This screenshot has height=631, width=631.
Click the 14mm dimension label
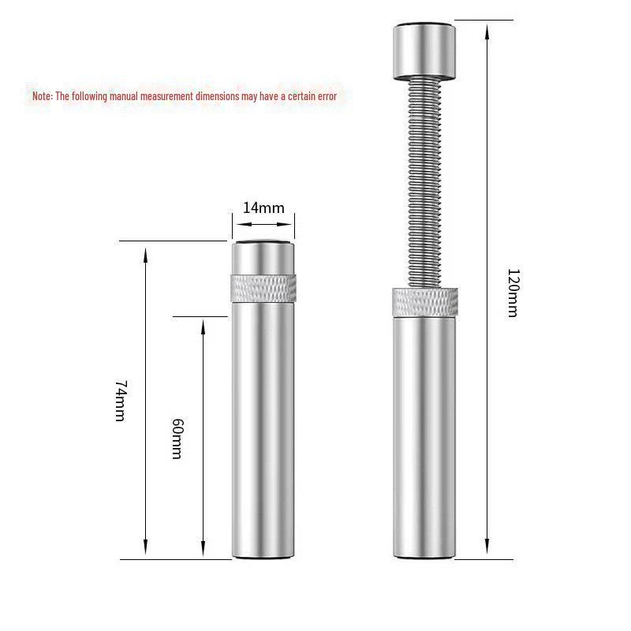pyautogui.click(x=263, y=208)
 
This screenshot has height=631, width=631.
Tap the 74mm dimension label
pyautogui.click(x=120, y=400)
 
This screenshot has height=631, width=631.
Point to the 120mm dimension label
pyautogui.click(x=512, y=293)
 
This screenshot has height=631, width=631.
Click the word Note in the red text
pyautogui.click(x=41, y=96)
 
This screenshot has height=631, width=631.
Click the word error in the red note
pyautogui.click(x=324, y=96)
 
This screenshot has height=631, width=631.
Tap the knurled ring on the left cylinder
pyautogui.click(x=263, y=289)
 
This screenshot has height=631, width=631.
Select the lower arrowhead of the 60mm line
pyautogui.click(x=203, y=553)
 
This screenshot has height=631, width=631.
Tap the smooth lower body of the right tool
pyautogui.click(x=425, y=434)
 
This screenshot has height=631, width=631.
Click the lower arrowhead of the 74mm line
pyautogui.click(x=146, y=553)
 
